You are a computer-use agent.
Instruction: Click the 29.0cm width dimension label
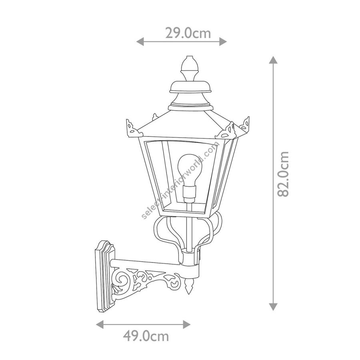coord(188,33)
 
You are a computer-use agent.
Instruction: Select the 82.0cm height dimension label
coord(283,174)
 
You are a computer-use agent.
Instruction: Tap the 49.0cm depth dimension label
coord(146,336)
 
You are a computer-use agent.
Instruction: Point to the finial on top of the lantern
coord(190,68)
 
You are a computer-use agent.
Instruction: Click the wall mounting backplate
coord(105,276)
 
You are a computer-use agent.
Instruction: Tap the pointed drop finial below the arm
coord(189,286)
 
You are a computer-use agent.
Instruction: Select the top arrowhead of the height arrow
coord(273,60)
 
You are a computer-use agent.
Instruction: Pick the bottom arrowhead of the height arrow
coord(273,306)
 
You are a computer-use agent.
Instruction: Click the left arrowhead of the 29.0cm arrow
coord(140,42)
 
